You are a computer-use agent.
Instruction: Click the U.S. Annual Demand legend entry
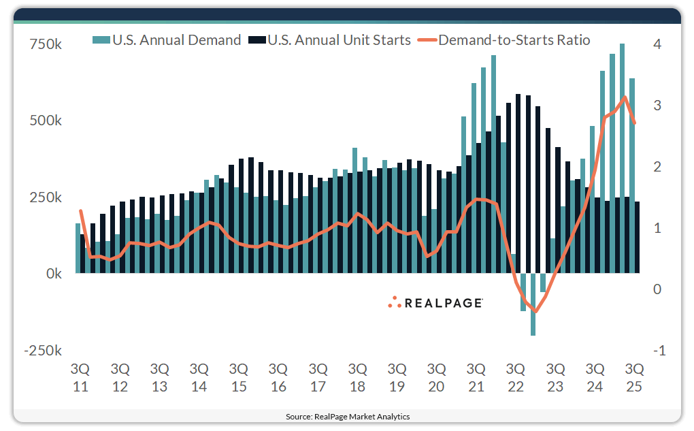click(x=167, y=40)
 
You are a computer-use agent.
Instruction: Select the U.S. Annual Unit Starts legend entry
click(x=331, y=40)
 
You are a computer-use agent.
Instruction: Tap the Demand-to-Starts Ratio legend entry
click(x=504, y=40)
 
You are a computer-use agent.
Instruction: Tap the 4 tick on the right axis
click(x=657, y=44)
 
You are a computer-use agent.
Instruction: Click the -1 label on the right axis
click(x=658, y=351)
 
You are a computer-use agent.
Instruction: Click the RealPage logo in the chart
click(x=435, y=302)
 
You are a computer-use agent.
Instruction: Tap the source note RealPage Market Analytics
click(x=347, y=416)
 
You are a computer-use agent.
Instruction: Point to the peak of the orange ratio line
click(x=625, y=97)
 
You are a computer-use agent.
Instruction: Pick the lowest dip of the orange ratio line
click(x=535, y=312)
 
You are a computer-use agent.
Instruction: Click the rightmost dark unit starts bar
click(x=637, y=237)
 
